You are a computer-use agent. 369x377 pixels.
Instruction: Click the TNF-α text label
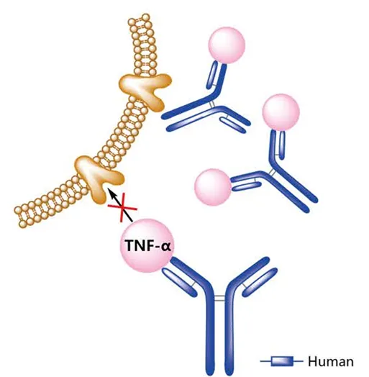point(148,246)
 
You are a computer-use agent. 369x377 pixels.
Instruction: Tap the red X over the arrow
point(122,207)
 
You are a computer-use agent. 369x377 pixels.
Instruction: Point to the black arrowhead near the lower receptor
point(111,193)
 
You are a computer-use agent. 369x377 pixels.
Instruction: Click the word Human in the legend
point(331,361)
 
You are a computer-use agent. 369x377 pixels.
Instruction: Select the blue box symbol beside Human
point(282,361)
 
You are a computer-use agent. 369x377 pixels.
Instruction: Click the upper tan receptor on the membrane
point(145,91)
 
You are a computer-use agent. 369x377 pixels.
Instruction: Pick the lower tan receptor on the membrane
point(99,178)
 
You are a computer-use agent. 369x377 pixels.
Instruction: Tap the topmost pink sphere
point(227,45)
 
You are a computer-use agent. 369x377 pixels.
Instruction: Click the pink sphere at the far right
point(281,112)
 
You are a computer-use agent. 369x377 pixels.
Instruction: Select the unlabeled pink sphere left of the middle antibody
point(213,187)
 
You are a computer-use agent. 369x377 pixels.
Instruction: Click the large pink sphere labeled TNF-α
point(147,246)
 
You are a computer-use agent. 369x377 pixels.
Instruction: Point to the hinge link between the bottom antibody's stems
point(219,299)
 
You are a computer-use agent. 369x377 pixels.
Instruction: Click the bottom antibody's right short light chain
point(260,282)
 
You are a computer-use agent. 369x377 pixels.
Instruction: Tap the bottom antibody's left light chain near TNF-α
point(180,282)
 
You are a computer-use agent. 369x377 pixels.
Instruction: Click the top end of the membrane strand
point(140,19)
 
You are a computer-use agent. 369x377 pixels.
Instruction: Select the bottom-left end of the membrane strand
point(20,217)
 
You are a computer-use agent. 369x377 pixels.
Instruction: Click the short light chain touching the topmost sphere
point(212,74)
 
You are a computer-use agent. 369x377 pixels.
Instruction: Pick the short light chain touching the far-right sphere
point(282,145)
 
